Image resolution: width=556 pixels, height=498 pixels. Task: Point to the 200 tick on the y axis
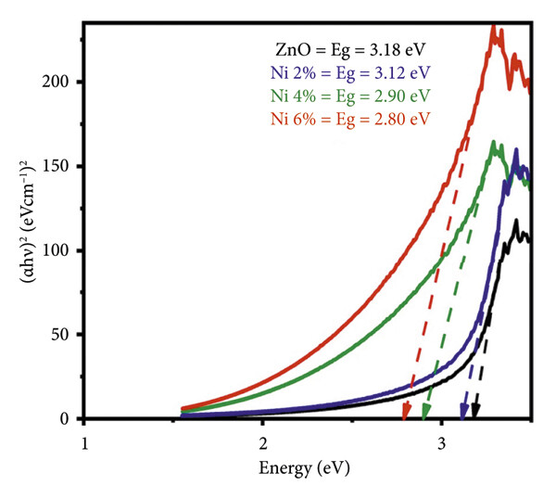[x=61, y=83]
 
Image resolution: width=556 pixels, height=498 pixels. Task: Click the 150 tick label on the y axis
[x=61, y=167]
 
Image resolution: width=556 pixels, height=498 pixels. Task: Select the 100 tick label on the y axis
[x=61, y=250]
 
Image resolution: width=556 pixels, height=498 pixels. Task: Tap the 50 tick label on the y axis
[x=65, y=335]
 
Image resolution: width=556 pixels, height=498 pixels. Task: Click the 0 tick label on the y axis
[x=69, y=419]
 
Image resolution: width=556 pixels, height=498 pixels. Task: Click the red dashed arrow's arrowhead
[x=406, y=412]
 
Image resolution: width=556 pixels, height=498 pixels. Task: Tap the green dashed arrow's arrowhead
[x=426, y=412]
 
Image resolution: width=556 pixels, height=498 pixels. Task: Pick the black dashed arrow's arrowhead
[x=475, y=412]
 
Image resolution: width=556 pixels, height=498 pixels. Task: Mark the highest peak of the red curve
[x=494, y=28]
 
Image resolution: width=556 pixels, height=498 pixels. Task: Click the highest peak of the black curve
[x=516, y=221]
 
